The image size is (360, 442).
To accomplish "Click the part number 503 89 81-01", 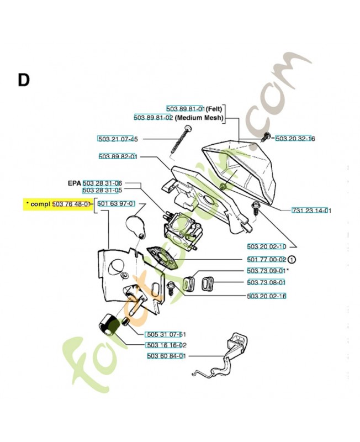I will [x=186, y=109].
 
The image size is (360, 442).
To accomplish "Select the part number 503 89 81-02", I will [x=153, y=118].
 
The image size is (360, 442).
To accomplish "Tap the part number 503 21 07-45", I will [x=118, y=139].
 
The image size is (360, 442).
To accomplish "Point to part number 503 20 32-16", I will [x=295, y=139].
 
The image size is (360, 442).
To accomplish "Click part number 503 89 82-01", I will [x=118, y=157].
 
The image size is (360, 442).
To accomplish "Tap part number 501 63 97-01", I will [x=116, y=204].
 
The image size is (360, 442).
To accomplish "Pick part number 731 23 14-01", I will [x=311, y=211].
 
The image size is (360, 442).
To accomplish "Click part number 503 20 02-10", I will [x=266, y=246].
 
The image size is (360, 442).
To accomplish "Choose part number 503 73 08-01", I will [x=266, y=282].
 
